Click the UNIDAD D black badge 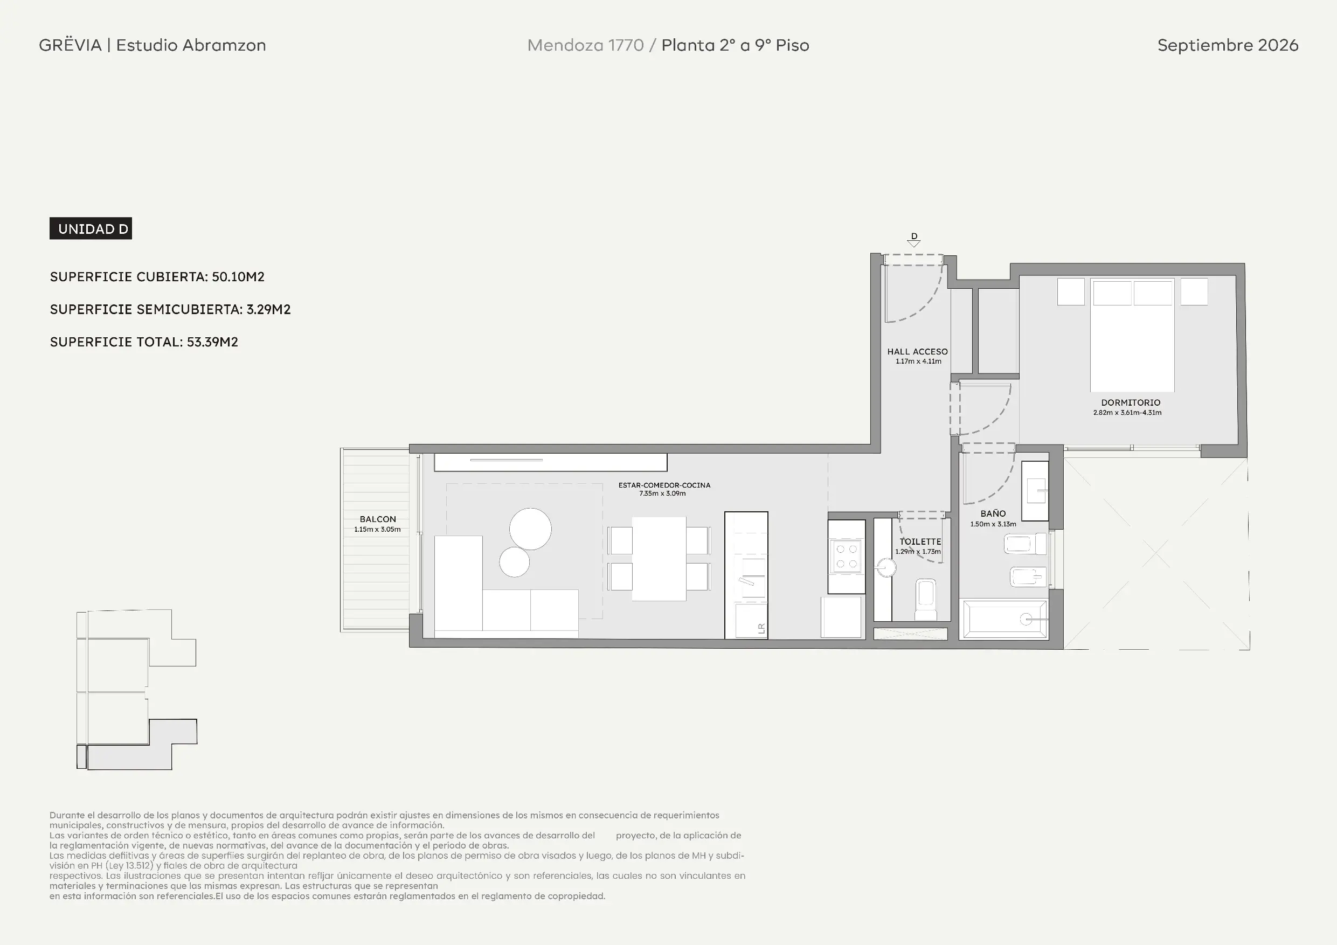(x=91, y=229)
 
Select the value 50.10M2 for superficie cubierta (x=238, y=276)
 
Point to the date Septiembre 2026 (x=1228, y=45)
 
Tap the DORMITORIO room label (x=1130, y=402)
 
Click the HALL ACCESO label (x=917, y=352)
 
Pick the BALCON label (x=377, y=519)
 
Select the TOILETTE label (x=920, y=541)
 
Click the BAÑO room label (x=993, y=513)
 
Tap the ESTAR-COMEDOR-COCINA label (x=664, y=485)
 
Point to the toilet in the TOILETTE (x=926, y=599)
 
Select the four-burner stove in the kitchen (x=846, y=555)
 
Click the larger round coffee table (x=530, y=529)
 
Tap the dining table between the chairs (x=659, y=558)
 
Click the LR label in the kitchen (x=761, y=628)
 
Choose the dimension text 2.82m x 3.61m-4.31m (x=1127, y=413)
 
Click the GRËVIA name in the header (x=71, y=45)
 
